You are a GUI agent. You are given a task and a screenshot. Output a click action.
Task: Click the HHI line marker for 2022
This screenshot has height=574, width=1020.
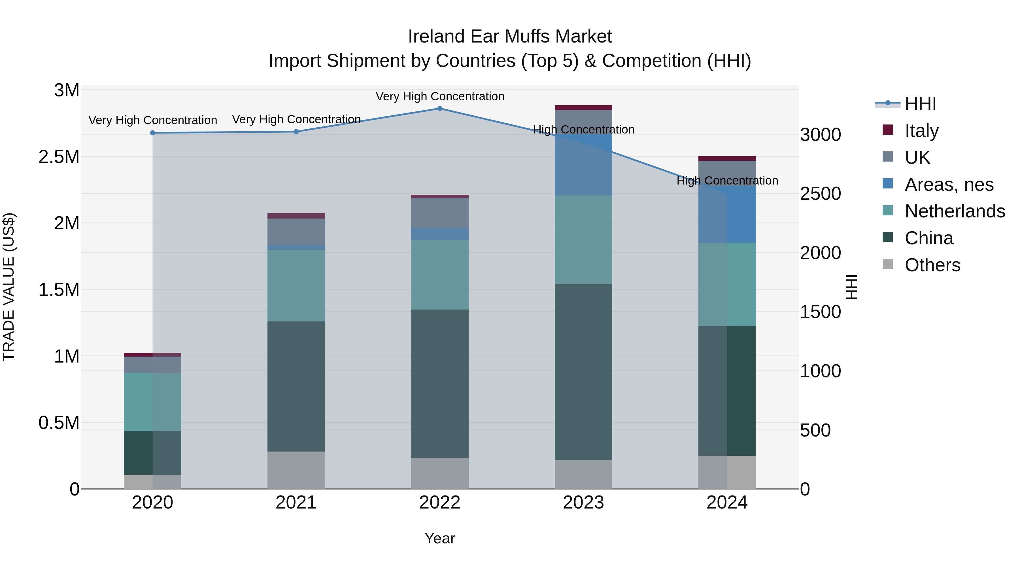tap(439, 108)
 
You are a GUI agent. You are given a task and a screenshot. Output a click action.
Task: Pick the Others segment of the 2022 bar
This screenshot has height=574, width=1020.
tap(439, 473)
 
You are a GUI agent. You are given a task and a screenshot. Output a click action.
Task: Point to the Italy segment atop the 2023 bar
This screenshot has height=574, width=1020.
tap(583, 107)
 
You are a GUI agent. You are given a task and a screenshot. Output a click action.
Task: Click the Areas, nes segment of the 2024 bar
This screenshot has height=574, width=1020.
tap(727, 214)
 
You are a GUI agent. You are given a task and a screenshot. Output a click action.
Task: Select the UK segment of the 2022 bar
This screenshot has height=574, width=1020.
tap(439, 213)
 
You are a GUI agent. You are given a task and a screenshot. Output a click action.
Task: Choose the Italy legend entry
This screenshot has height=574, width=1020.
tap(921, 130)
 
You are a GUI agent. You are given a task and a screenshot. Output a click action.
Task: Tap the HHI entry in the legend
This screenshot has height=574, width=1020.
tap(920, 104)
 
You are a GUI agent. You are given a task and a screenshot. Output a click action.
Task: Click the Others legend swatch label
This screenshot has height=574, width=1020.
tap(932, 265)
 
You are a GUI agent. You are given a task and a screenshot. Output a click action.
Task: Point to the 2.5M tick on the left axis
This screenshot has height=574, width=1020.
tap(59, 157)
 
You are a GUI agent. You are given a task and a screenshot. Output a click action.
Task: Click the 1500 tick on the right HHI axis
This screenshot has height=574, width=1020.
tap(820, 312)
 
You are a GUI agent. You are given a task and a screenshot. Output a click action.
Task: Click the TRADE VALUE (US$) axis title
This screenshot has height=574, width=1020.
tap(9, 287)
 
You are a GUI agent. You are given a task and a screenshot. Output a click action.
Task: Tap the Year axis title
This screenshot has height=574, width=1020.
tap(439, 538)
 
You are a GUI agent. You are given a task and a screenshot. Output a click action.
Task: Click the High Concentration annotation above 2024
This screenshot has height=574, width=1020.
tap(727, 180)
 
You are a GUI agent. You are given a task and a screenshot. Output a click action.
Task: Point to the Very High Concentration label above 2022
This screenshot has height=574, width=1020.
tap(439, 96)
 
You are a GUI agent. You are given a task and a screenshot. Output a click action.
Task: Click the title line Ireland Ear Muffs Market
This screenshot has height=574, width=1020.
tap(510, 37)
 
